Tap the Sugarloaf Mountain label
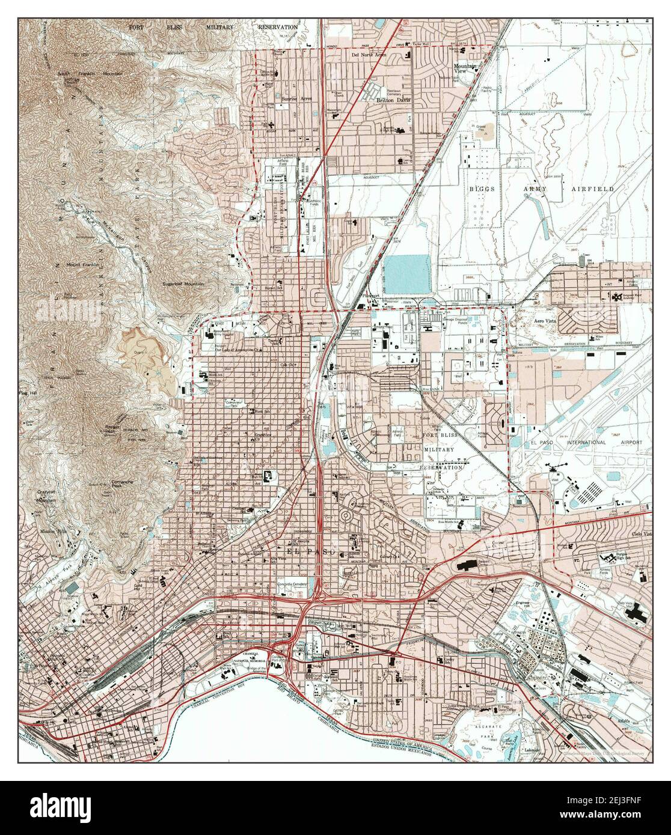[x=183, y=284]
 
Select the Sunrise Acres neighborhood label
[x=297, y=98]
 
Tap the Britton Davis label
[x=393, y=100]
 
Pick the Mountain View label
[x=464, y=68]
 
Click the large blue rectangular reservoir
[x=407, y=273]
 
